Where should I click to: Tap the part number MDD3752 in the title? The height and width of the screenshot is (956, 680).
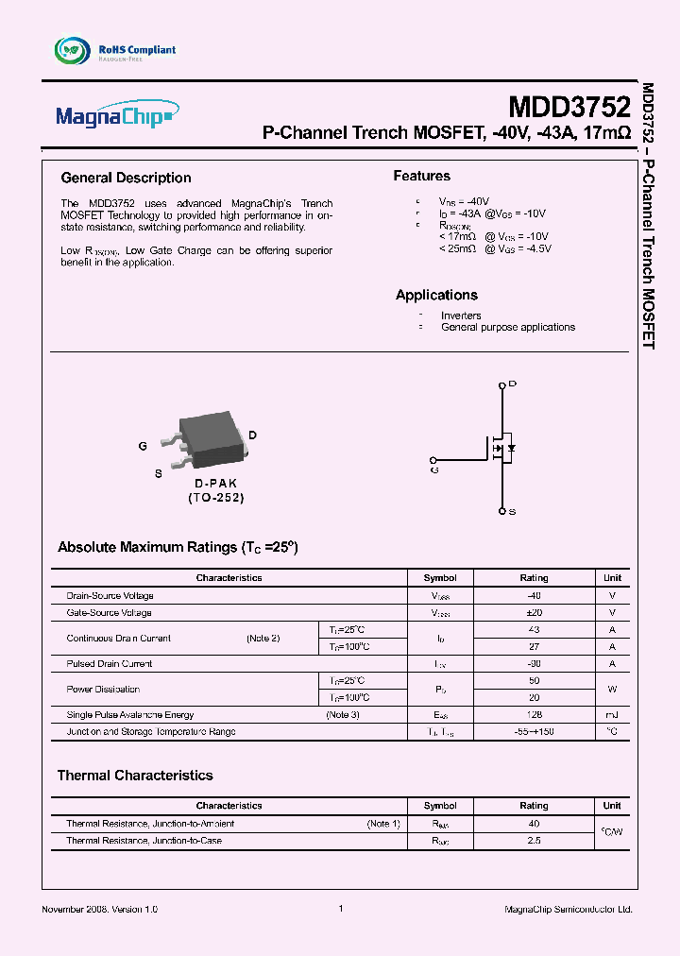(569, 105)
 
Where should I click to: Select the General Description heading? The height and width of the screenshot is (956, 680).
(126, 178)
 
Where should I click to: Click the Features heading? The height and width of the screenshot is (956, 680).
(421, 176)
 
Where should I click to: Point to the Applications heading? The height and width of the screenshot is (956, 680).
(436, 295)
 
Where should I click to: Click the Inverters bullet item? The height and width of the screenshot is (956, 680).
(461, 316)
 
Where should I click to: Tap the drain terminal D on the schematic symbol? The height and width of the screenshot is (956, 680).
(502, 384)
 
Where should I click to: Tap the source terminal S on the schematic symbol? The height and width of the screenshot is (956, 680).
(502, 511)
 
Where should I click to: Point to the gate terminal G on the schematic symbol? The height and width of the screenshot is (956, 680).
(434, 468)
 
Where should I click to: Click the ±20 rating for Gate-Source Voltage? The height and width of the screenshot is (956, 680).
(534, 613)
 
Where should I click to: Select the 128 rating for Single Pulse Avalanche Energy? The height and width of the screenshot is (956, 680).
(534, 715)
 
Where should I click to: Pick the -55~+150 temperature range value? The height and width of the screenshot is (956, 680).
(534, 732)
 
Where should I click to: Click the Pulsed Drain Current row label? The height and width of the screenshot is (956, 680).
(110, 664)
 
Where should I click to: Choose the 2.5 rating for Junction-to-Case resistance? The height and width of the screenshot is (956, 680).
(534, 841)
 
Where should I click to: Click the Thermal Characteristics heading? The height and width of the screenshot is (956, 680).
(135, 776)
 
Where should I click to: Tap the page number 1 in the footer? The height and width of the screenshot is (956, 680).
(340, 909)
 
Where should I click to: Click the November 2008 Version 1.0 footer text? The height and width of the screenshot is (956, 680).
(100, 909)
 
